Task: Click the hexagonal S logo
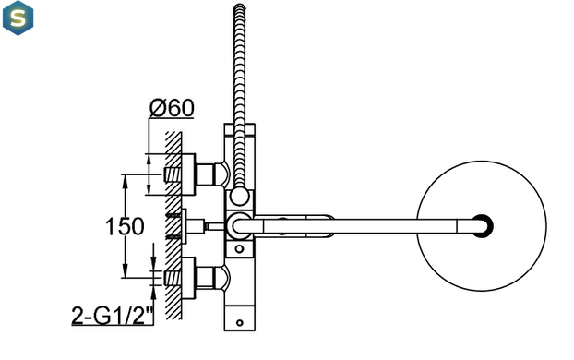pos(18,18)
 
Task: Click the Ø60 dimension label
pos(172,108)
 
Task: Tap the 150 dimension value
pos(125,226)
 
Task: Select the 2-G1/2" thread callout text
pos(113,316)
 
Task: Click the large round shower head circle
pos(417,226)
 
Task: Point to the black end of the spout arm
pos(484,226)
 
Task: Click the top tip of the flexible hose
pos(239,6)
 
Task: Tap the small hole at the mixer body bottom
pos(239,323)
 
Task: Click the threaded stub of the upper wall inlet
pos(172,174)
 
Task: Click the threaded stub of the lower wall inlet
pos(172,278)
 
